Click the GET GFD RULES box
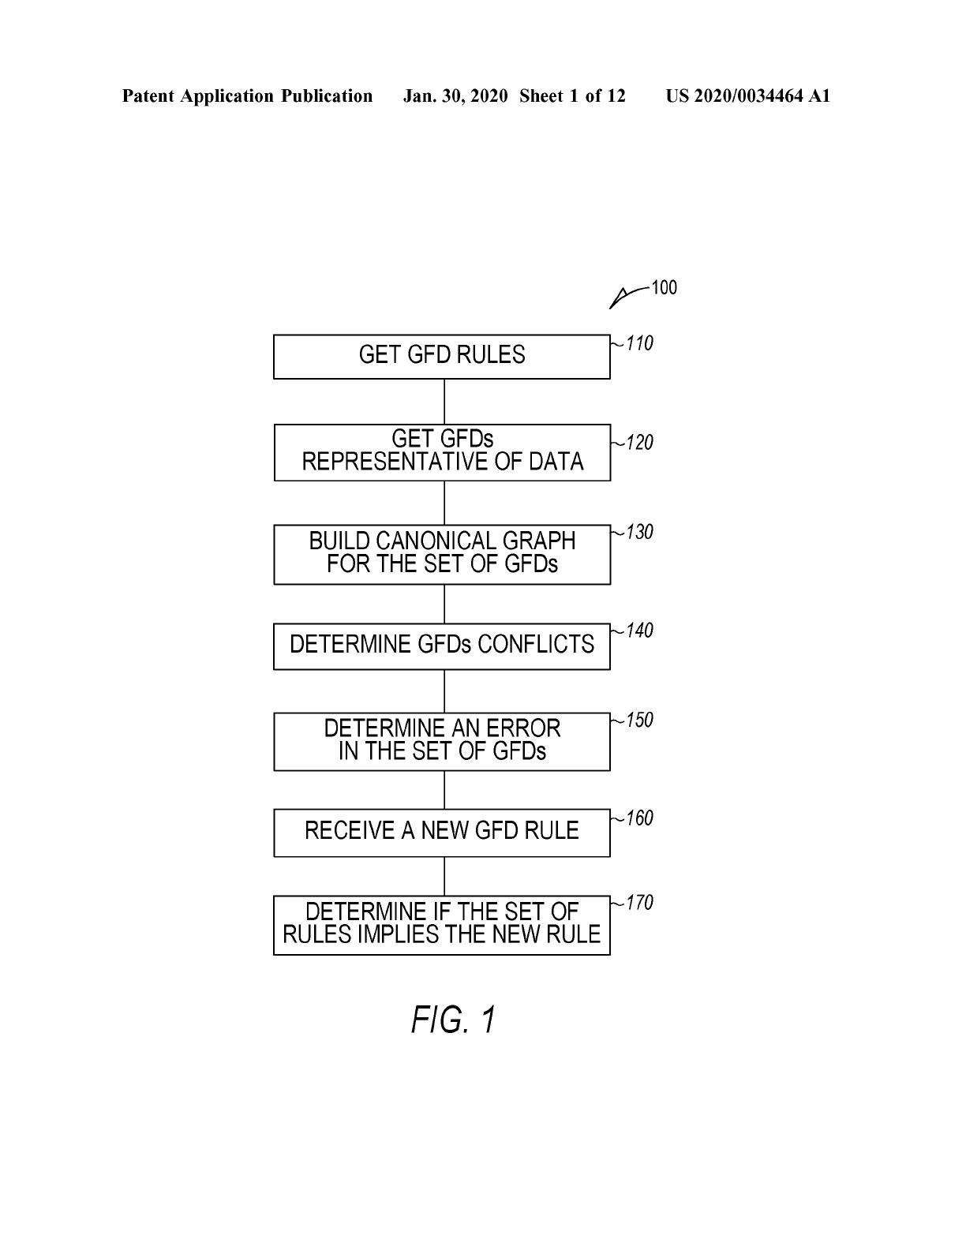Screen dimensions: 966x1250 (x=441, y=357)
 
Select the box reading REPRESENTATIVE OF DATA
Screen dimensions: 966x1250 (x=442, y=453)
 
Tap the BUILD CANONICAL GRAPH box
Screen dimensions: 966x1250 (x=442, y=555)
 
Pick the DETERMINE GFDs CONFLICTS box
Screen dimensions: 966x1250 (x=441, y=646)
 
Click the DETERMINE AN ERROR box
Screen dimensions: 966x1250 (x=441, y=742)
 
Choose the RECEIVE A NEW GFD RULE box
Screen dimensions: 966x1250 (x=441, y=833)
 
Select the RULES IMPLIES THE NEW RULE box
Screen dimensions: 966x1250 (x=441, y=925)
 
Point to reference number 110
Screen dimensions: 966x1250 (x=639, y=343)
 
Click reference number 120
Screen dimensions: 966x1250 (x=639, y=443)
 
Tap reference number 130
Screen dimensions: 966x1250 (x=639, y=532)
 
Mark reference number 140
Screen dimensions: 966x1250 (x=639, y=631)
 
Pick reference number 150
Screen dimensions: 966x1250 (x=639, y=720)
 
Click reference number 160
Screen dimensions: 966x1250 (x=639, y=818)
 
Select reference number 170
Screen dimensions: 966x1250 (x=639, y=903)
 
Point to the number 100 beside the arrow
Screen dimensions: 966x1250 (x=664, y=287)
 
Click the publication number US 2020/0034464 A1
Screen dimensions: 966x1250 (x=748, y=96)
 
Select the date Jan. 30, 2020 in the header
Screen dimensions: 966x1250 (x=455, y=96)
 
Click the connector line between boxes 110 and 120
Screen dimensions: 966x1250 (x=444, y=402)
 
